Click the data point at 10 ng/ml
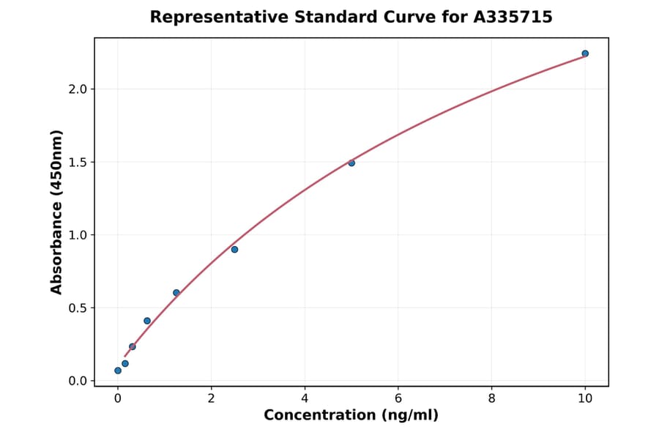coord(585,53)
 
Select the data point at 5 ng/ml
coord(351,163)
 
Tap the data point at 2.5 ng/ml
coord(234,250)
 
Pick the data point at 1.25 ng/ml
coord(176,293)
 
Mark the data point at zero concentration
coord(118,371)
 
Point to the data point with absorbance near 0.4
coord(147,321)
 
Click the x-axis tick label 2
coord(211,398)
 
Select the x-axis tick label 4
coord(305,398)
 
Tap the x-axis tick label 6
coord(398,398)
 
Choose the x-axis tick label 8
coord(491,398)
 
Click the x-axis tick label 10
coord(585,398)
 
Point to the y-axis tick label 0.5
coord(78,308)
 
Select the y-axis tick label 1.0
coord(78,235)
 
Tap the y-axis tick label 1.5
coord(78,163)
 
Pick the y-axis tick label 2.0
coord(78,89)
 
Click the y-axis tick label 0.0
coord(78,381)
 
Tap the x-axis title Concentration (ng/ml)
coord(351,416)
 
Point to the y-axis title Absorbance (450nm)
coord(57,212)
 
